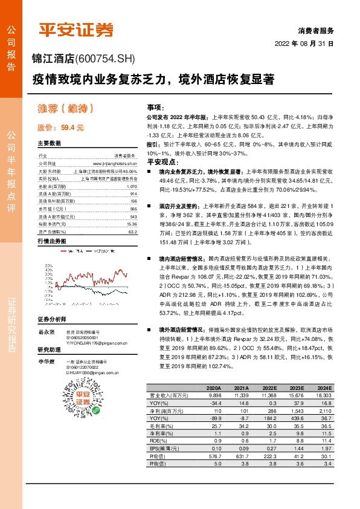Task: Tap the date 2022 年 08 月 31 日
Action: click(x=304, y=44)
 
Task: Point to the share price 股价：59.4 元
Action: click(x=61, y=128)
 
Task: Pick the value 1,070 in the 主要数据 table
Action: click(x=132, y=187)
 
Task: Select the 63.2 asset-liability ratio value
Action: click(x=132, y=231)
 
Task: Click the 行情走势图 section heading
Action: click(x=51, y=241)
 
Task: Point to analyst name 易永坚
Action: click(x=47, y=332)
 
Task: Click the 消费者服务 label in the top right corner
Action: click(x=315, y=30)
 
